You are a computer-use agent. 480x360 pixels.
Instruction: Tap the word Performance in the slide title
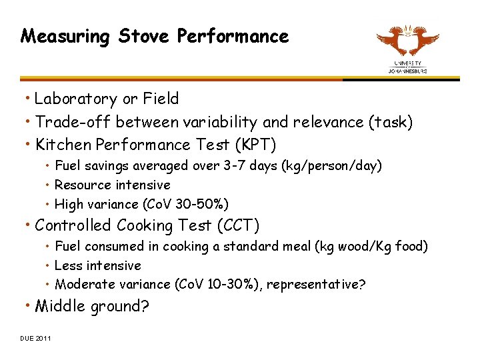[x=233, y=36]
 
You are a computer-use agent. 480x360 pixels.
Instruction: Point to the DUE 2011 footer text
[x=35, y=338]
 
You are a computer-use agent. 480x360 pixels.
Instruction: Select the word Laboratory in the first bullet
[x=76, y=99]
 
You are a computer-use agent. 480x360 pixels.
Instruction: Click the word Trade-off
[x=67, y=123]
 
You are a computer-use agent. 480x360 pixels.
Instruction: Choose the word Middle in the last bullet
[x=57, y=307]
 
